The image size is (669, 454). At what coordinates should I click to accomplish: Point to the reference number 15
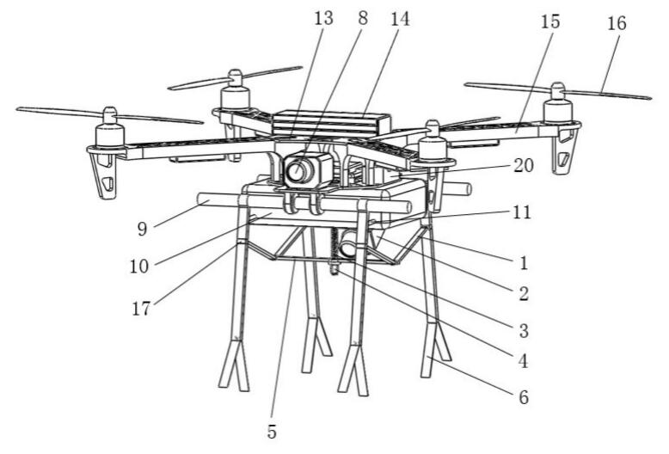click(550, 22)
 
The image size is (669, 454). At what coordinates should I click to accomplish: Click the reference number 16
click(617, 23)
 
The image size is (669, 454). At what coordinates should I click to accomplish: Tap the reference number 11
click(518, 212)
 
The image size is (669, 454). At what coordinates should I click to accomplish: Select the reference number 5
click(272, 432)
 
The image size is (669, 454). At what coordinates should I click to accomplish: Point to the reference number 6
click(523, 397)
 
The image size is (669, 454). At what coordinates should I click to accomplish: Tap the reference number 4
click(523, 362)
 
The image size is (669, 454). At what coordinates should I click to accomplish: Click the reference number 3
click(523, 328)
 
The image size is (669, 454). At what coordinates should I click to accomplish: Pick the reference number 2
click(523, 293)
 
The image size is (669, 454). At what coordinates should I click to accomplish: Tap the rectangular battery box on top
click(331, 123)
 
